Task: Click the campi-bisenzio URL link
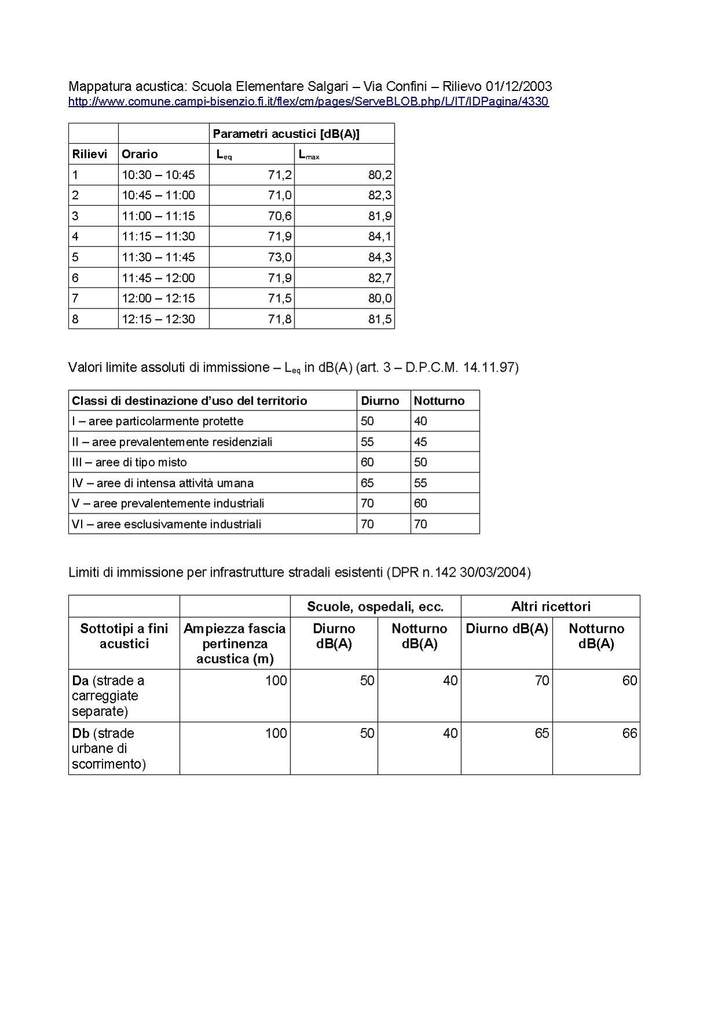coord(308,102)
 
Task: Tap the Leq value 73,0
coord(279,257)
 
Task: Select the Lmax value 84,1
coord(380,236)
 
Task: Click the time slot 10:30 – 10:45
coord(158,174)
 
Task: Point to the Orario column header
coord(140,154)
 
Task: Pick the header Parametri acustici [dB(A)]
coord(286,134)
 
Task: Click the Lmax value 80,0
coord(380,298)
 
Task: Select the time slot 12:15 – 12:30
coord(158,319)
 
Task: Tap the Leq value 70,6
coord(279,216)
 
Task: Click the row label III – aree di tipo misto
coord(129,463)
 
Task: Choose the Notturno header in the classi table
coord(439,401)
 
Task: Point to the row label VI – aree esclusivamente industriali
coord(166,525)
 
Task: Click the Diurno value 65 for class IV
coord(367,483)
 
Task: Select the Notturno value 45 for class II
coord(420,442)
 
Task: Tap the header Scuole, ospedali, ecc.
coord(375,607)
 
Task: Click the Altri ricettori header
coord(551,607)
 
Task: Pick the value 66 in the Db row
coord(629,734)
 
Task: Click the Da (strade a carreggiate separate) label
coord(108,695)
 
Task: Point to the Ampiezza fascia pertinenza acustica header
coord(235,644)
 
